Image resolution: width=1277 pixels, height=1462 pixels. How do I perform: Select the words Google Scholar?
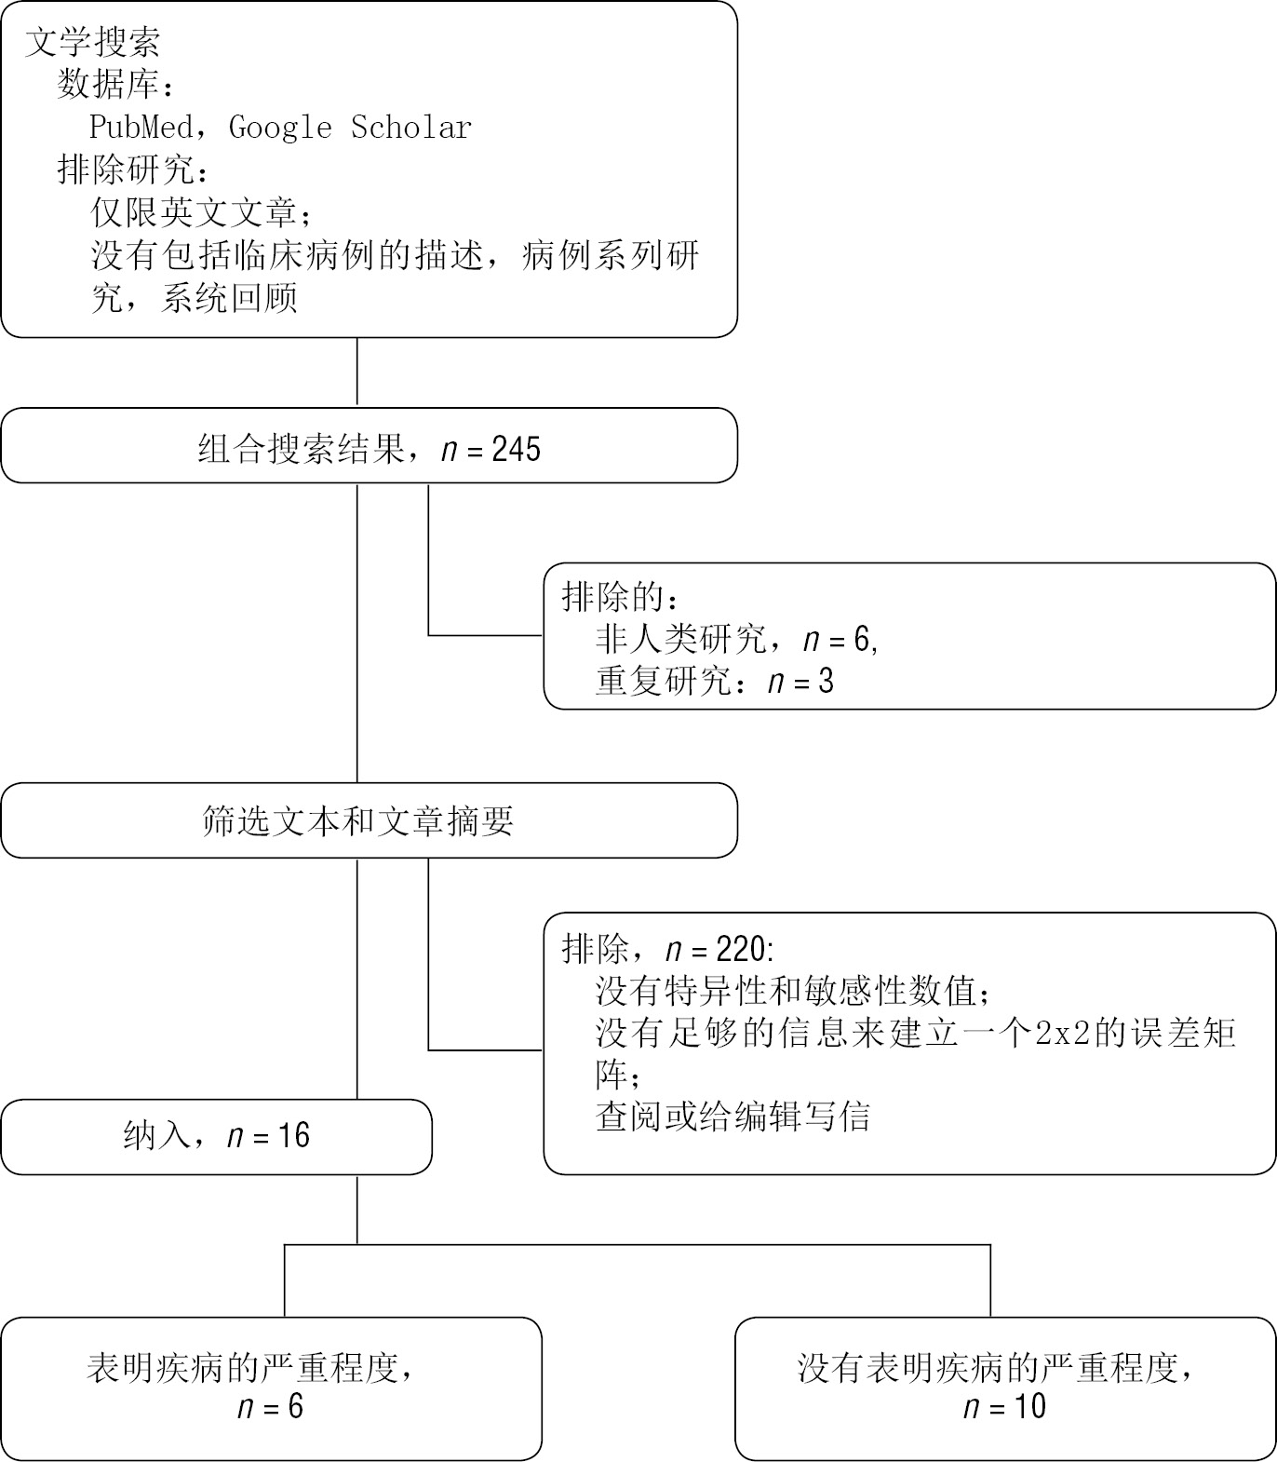pyautogui.click(x=350, y=127)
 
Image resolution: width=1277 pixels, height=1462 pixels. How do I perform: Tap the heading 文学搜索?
pyautogui.click(x=93, y=42)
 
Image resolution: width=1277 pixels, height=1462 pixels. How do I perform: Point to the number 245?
pyautogui.click(x=517, y=450)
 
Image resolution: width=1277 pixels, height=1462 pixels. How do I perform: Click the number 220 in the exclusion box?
pyautogui.click(x=742, y=949)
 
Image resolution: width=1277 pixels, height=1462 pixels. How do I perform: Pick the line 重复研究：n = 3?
pyautogui.click(x=714, y=682)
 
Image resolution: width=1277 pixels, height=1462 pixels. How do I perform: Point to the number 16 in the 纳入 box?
pyautogui.click(x=293, y=1136)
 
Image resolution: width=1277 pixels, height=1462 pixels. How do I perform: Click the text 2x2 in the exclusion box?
pyautogui.click(x=1062, y=1034)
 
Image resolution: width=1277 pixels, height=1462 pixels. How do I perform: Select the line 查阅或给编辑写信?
pyautogui.click(x=733, y=1116)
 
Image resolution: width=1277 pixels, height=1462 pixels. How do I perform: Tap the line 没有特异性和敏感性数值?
pyautogui.click(x=786, y=991)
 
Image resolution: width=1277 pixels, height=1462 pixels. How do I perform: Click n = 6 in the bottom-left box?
pyautogui.click(x=271, y=1406)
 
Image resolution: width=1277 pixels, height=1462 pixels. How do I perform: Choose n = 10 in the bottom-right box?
pyautogui.click(x=1004, y=1406)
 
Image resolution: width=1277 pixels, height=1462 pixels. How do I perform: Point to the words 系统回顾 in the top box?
pyautogui.click(x=229, y=299)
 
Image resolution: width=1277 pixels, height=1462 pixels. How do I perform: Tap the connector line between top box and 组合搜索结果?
pyautogui.click(x=357, y=372)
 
